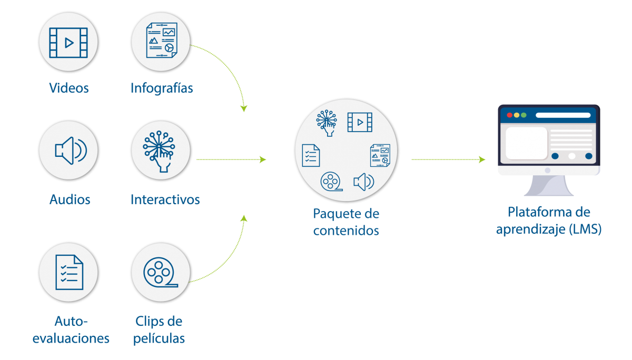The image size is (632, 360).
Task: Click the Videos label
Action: pyautogui.click(x=69, y=88)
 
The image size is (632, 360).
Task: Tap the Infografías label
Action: pyautogui.click(x=162, y=88)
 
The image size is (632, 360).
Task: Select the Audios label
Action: pyautogui.click(x=70, y=199)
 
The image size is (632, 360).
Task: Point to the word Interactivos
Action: pyautogui.click(x=165, y=199)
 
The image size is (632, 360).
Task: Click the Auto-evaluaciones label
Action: pyautogui.click(x=71, y=329)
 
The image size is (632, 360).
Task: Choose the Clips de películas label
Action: pyautogui.click(x=159, y=329)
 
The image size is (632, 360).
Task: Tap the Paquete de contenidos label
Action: pyautogui.click(x=346, y=222)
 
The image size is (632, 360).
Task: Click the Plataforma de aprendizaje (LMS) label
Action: pyautogui.click(x=549, y=221)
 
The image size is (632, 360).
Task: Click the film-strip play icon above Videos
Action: pyautogui.click(x=68, y=43)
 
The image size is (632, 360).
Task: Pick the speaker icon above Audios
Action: pyautogui.click(x=69, y=150)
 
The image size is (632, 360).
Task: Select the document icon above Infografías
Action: pyautogui.click(x=161, y=42)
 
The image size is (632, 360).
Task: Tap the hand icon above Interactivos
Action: pyautogui.click(x=161, y=149)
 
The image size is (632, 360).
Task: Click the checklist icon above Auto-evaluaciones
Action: pyautogui.click(x=69, y=272)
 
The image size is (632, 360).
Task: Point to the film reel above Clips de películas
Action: pyautogui.click(x=160, y=272)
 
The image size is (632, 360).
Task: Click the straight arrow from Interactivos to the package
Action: pyautogui.click(x=231, y=159)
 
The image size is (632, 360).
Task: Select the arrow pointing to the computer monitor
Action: pyautogui.click(x=448, y=159)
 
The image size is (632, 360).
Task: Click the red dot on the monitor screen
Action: pyautogui.click(x=509, y=115)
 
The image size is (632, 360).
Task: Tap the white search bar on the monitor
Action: pyautogui.click(x=563, y=115)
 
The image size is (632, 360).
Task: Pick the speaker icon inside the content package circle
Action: pyautogui.click(x=363, y=182)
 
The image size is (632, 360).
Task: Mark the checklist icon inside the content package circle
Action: pyautogui.click(x=311, y=155)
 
